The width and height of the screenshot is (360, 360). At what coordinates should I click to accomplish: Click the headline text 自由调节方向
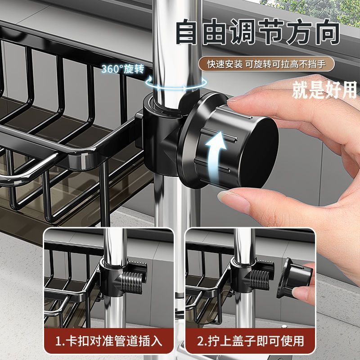[257, 32]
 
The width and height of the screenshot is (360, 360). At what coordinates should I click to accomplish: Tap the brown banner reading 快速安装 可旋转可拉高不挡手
[266, 64]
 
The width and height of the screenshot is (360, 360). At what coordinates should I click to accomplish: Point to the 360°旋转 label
[123, 69]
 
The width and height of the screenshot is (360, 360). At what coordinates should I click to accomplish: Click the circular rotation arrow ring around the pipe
[176, 84]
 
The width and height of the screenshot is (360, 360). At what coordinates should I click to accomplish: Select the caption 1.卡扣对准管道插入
[109, 341]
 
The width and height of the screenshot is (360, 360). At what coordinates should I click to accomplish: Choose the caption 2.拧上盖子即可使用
[251, 341]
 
